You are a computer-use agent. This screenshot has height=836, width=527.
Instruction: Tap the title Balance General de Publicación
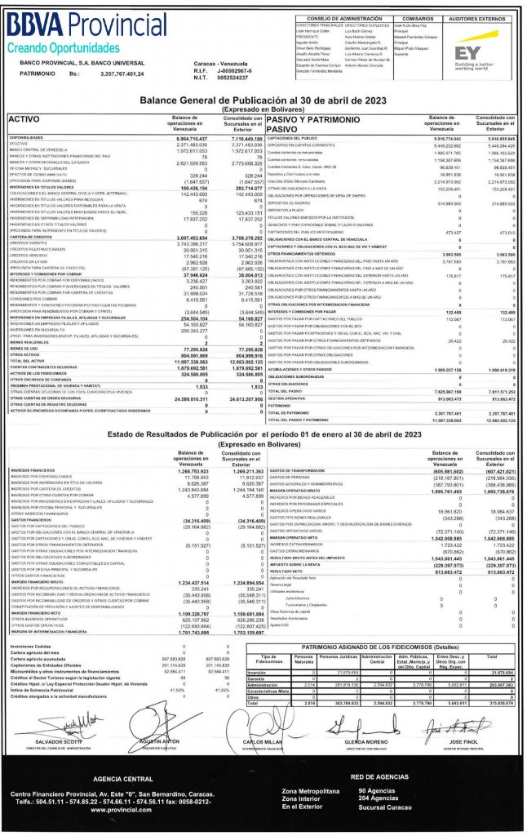[263, 99]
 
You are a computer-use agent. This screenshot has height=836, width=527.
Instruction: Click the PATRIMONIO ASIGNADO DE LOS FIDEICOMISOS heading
[375, 667]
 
